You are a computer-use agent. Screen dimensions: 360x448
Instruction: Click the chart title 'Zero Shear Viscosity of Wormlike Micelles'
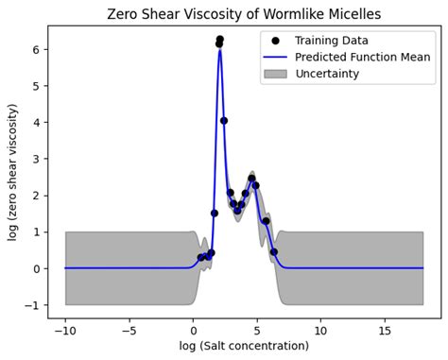245,14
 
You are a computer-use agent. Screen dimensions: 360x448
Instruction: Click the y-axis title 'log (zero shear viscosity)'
13,172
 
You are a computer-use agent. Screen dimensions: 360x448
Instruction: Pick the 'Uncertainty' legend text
327,74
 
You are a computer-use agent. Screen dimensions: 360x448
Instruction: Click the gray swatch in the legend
275,74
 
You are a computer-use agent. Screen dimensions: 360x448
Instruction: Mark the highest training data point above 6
220,40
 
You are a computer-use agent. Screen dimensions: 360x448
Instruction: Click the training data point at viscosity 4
224,121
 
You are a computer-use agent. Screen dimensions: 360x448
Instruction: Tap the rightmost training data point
274,252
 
